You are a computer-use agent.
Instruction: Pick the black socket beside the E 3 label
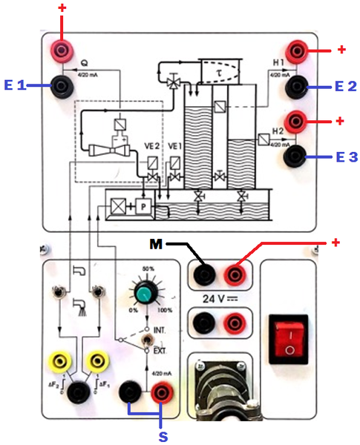point(297,154)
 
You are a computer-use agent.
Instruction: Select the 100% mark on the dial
point(166,311)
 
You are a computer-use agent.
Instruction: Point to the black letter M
point(155,243)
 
